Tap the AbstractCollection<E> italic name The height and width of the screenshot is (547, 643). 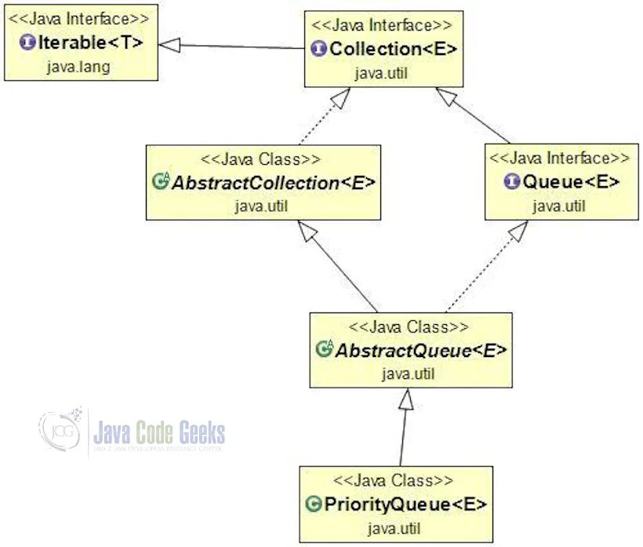[x=273, y=183]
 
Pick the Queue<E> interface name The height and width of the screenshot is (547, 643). [x=571, y=182]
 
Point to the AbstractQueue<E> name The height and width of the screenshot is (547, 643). [x=421, y=350]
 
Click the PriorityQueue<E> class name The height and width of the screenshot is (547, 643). [x=405, y=503]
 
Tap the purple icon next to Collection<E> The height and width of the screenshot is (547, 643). [x=319, y=49]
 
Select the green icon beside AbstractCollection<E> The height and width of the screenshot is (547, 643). [x=161, y=183]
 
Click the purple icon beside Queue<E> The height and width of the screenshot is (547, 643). [x=512, y=182]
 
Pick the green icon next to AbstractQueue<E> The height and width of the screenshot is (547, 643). [x=325, y=350]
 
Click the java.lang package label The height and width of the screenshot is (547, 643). [x=78, y=66]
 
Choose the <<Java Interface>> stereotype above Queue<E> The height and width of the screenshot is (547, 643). [x=560, y=159]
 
